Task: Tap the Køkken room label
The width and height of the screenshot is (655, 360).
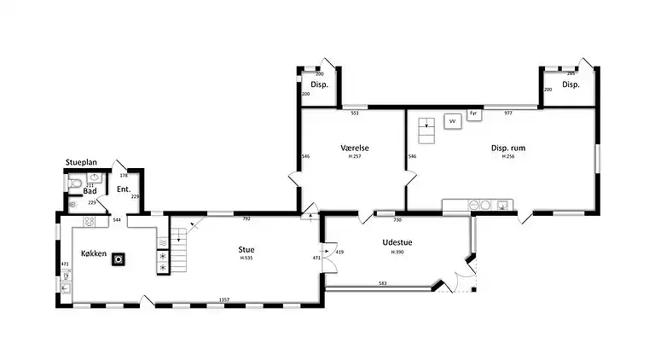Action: click(94, 254)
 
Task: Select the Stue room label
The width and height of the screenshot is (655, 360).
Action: click(246, 249)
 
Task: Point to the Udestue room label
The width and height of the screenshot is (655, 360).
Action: click(397, 242)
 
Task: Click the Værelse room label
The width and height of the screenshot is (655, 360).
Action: click(353, 148)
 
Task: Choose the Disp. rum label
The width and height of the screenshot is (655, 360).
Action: click(507, 148)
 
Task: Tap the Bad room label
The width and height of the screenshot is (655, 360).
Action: click(89, 191)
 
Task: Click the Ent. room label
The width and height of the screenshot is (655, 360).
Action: click(123, 189)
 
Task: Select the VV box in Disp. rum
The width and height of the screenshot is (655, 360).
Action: click(452, 121)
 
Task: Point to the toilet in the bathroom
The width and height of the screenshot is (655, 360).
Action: click(76, 182)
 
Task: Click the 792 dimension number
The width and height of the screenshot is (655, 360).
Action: click(246, 219)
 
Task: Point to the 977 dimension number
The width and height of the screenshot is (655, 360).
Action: click(507, 113)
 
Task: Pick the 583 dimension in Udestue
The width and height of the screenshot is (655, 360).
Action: click(383, 283)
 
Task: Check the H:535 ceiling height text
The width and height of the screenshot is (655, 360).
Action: click(246, 258)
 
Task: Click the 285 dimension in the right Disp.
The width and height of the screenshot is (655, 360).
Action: click(571, 73)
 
